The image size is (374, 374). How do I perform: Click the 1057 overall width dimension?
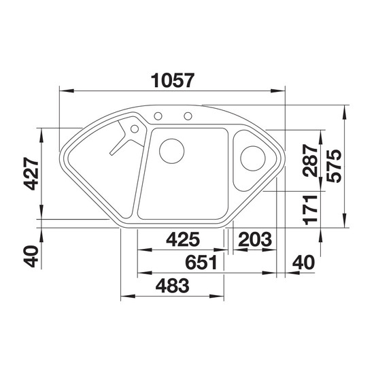pyautogui.click(x=173, y=80)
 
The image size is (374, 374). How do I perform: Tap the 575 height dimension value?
pyautogui.click(x=334, y=166)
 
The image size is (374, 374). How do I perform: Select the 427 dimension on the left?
pyautogui.click(x=31, y=173)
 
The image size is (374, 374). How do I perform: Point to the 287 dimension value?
pyautogui.click(x=310, y=160)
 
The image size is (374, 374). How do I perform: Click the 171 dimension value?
pyautogui.click(x=310, y=210)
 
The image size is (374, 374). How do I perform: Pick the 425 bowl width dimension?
pyautogui.click(x=183, y=239)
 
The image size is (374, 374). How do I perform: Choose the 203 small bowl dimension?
pyautogui.click(x=255, y=239)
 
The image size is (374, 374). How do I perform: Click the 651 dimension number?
pyautogui.click(x=201, y=262)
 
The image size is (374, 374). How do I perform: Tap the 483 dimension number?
pyautogui.click(x=172, y=286)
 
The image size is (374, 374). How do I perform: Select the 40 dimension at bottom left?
pyautogui.click(x=31, y=256)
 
